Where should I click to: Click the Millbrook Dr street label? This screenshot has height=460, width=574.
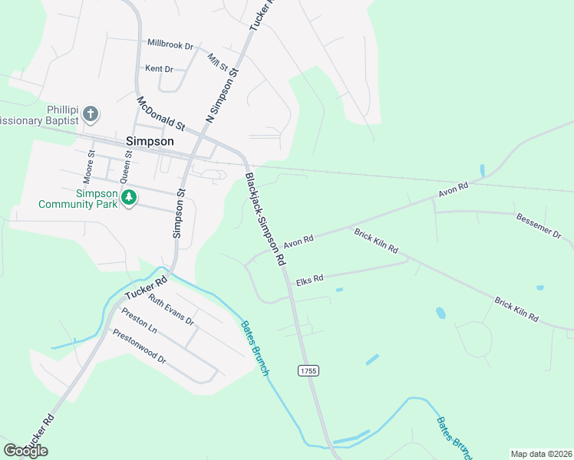pos(170,44)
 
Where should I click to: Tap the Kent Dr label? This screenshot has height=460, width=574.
pos(159,69)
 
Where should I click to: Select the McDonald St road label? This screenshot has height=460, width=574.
pos(161,113)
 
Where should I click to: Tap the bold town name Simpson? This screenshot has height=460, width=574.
pos(149,142)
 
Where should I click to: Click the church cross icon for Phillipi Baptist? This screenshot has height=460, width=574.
pos(91,114)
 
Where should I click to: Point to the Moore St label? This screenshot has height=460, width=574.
pos(91,163)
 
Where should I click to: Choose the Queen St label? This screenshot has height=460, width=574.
pos(129,163)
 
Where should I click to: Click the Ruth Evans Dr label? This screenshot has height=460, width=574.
pos(171,310)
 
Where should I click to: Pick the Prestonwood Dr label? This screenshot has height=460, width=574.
pos(139,346)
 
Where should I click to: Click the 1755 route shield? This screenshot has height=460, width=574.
pos(308,370)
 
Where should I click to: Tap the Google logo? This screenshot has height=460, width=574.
pos(25,451)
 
